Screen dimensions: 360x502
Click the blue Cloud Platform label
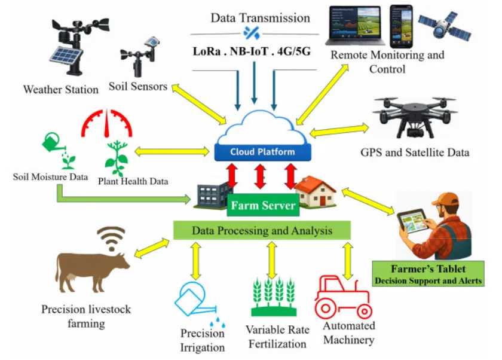point(262,152)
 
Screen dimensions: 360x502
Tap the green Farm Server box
point(263,206)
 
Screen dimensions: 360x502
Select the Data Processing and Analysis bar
point(262,230)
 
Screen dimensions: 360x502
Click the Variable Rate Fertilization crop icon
point(274,296)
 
